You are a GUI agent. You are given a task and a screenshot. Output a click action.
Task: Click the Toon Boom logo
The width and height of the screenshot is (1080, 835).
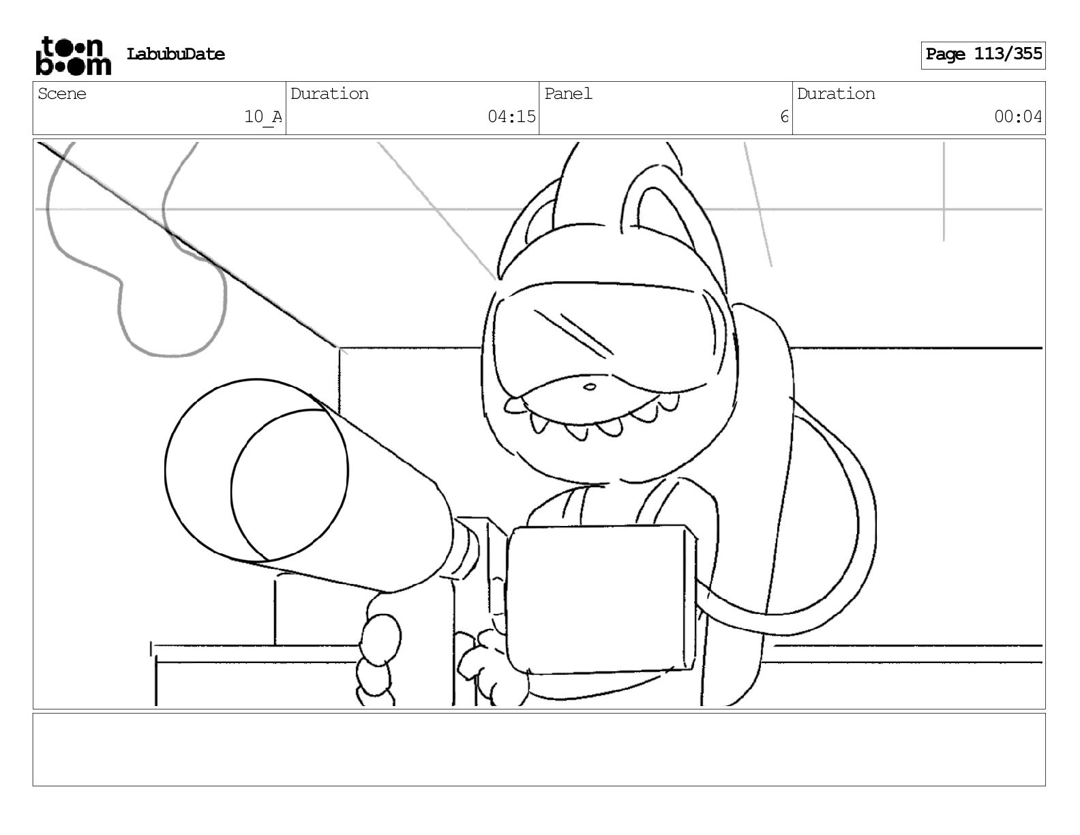click(72, 55)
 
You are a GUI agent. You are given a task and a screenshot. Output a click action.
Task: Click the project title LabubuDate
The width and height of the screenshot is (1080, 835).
click(175, 55)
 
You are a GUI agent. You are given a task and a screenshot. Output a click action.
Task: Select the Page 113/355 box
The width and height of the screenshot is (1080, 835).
click(982, 55)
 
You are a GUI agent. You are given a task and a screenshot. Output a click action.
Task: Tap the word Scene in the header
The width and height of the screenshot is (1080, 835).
click(62, 94)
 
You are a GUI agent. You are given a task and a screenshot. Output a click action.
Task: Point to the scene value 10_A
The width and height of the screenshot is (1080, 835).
click(262, 117)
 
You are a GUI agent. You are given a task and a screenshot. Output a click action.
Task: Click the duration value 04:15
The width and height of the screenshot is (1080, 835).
click(511, 117)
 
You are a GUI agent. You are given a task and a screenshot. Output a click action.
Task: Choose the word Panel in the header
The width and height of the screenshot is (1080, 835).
click(568, 94)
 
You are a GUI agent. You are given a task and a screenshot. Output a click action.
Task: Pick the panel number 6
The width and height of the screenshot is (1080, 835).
click(784, 117)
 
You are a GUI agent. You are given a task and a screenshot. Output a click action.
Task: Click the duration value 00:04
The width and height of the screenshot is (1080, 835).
click(1018, 117)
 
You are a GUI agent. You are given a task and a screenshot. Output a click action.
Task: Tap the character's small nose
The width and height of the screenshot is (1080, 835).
click(590, 387)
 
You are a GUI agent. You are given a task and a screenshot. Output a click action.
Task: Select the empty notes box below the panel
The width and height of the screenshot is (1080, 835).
click(539, 749)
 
